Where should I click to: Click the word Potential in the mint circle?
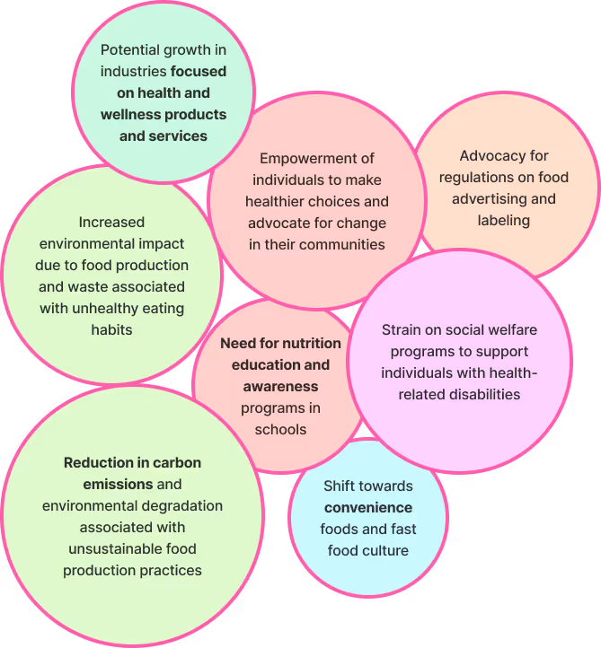[x=130, y=49]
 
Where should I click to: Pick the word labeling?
[x=504, y=221]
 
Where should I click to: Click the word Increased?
[x=111, y=222]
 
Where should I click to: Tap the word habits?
[x=111, y=329]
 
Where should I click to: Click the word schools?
[x=280, y=429]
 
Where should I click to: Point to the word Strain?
[x=402, y=329]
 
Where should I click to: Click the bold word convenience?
[x=368, y=507]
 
